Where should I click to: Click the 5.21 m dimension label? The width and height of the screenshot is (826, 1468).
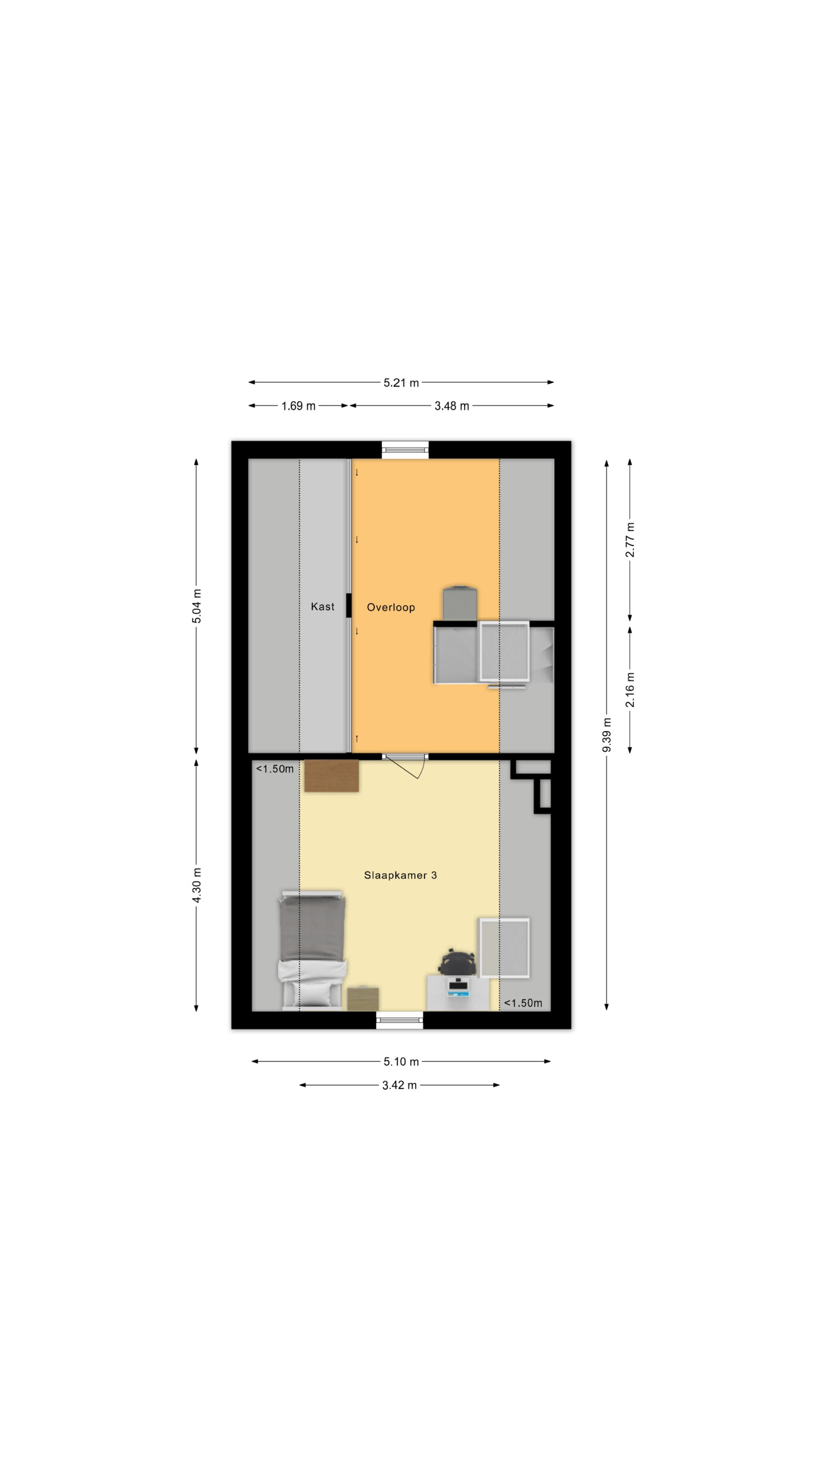[401, 382]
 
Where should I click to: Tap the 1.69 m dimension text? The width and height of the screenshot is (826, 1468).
[298, 406]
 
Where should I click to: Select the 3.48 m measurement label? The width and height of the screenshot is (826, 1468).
[452, 406]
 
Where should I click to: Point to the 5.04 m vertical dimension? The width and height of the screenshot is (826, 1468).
[197, 606]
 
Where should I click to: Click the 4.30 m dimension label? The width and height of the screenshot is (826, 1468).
[197, 885]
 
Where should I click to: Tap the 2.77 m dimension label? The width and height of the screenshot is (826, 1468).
[630, 540]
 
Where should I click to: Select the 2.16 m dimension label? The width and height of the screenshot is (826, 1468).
[630, 690]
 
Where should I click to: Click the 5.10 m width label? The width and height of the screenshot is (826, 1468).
[401, 1062]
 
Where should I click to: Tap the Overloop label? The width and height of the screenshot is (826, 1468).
[390, 607]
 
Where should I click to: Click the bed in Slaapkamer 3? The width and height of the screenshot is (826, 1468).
[312, 950]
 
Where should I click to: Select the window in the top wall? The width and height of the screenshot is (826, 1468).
[405, 450]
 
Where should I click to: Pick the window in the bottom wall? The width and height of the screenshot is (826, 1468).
[400, 1020]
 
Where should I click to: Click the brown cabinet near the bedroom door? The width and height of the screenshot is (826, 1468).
[331, 776]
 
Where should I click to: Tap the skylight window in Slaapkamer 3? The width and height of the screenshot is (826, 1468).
[504, 948]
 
